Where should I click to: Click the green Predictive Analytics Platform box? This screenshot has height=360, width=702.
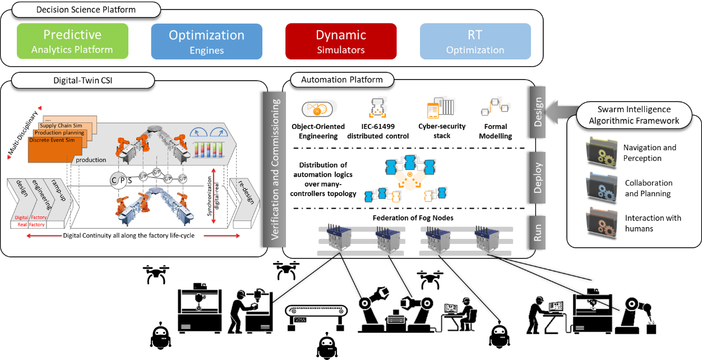pyautogui.click(x=72, y=41)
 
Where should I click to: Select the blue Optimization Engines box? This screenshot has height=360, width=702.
pyautogui.click(x=206, y=41)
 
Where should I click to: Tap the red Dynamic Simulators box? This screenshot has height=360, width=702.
pyautogui.click(x=340, y=41)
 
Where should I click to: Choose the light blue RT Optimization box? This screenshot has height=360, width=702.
pyautogui.click(x=475, y=41)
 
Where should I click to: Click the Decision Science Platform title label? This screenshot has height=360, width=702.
pyautogui.click(x=86, y=10)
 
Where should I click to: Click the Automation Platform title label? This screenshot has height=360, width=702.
pyautogui.click(x=342, y=80)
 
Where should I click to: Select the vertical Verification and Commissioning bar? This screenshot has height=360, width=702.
pyautogui.click(x=275, y=170)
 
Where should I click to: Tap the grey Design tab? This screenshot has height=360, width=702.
pyautogui.click(x=537, y=112)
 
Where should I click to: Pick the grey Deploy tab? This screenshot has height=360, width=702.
pyautogui.click(x=537, y=178)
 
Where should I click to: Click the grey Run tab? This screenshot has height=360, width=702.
pyautogui.click(x=537, y=233)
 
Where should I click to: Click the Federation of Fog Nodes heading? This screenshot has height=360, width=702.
pyautogui.click(x=413, y=218)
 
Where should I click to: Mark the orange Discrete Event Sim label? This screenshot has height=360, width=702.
pyautogui.click(x=50, y=140)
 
